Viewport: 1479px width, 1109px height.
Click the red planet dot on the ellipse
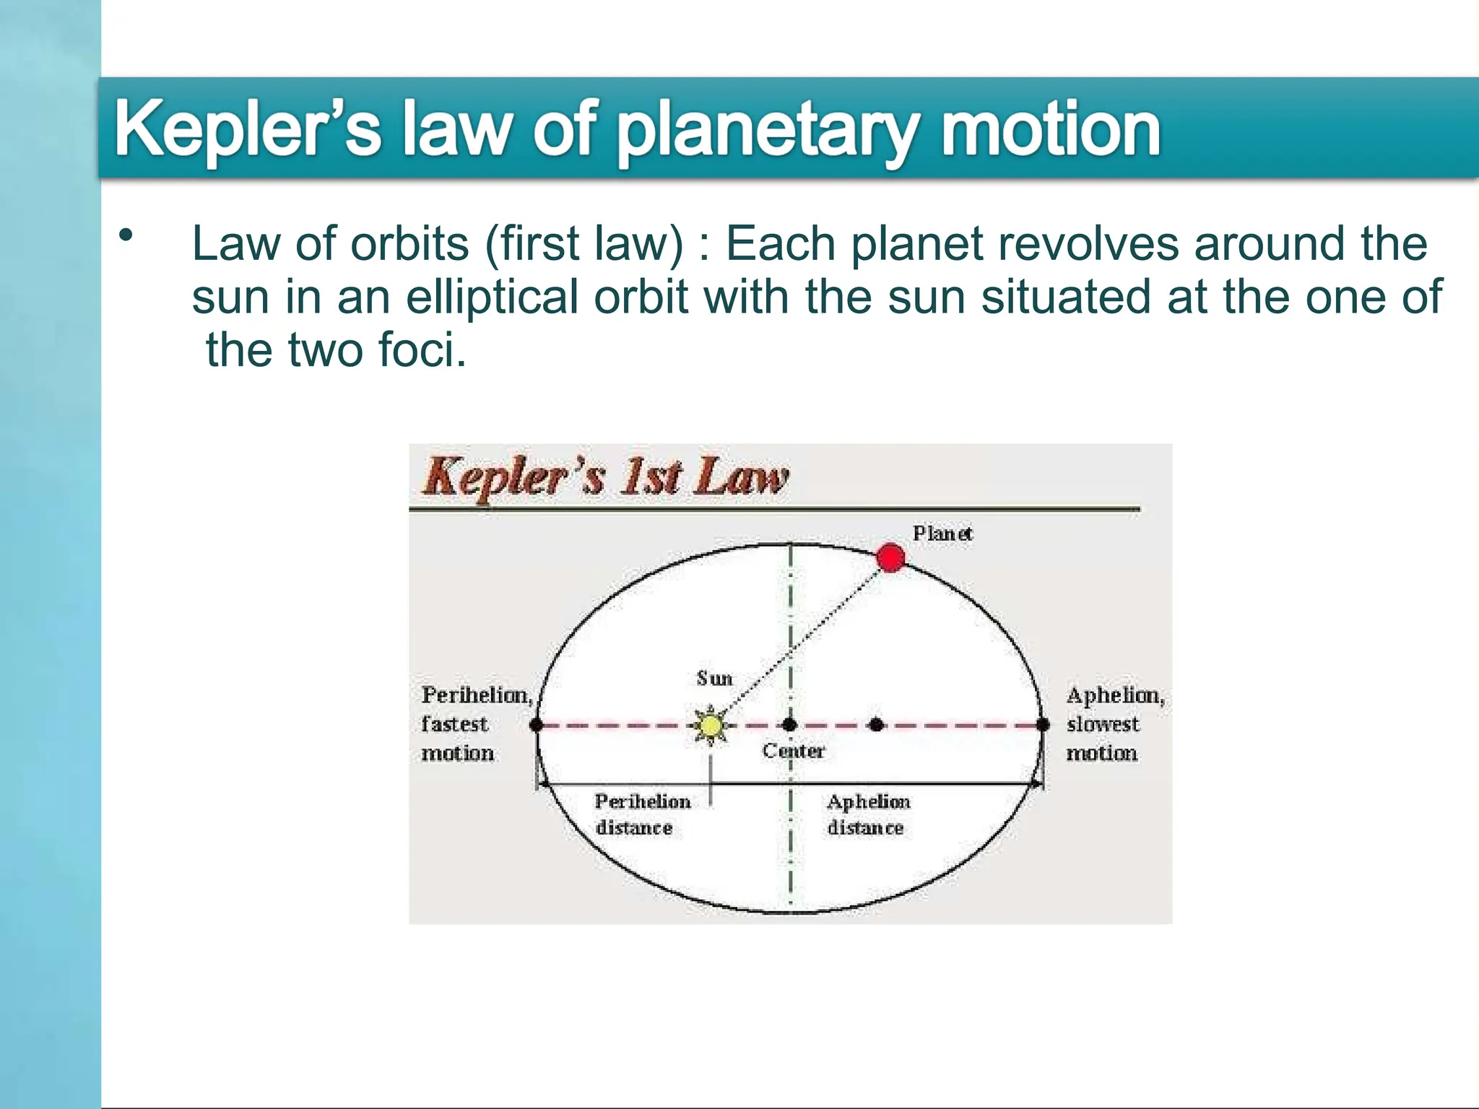pyautogui.click(x=890, y=558)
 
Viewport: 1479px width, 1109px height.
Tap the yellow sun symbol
pyautogui.click(x=711, y=725)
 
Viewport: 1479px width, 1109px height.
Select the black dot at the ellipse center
pyautogui.click(x=790, y=724)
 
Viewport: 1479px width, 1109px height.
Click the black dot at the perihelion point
pyautogui.click(x=537, y=724)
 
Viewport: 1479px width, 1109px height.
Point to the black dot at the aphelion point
pyautogui.click(x=1043, y=724)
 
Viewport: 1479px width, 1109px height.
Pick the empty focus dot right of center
pyautogui.click(x=876, y=724)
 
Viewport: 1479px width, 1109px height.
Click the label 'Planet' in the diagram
pyautogui.click(x=942, y=534)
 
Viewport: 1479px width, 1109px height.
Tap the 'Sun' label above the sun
pyautogui.click(x=714, y=679)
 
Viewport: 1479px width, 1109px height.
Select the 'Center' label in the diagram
pyautogui.click(x=794, y=752)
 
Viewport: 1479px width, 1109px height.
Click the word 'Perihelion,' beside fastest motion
pyautogui.click(x=477, y=695)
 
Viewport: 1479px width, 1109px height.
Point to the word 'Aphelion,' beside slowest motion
pyautogui.click(x=1115, y=696)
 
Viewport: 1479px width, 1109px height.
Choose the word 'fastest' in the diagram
pyautogui.click(x=455, y=724)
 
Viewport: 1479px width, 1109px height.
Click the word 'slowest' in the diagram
pyautogui.click(x=1103, y=724)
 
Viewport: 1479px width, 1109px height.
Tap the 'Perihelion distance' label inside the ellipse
pyautogui.click(x=642, y=814)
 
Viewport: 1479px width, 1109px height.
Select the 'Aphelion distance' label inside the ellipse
pyautogui.click(x=868, y=814)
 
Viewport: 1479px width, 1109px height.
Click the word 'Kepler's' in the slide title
pyautogui.click(x=248, y=130)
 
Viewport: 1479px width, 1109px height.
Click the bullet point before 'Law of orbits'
pyautogui.click(x=127, y=235)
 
